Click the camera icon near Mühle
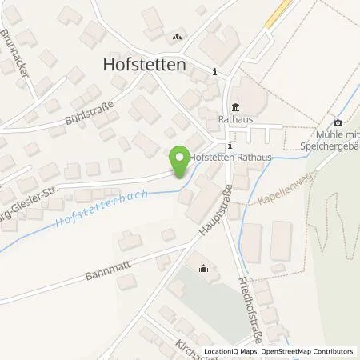point(338,122)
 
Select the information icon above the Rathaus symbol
point(215,72)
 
